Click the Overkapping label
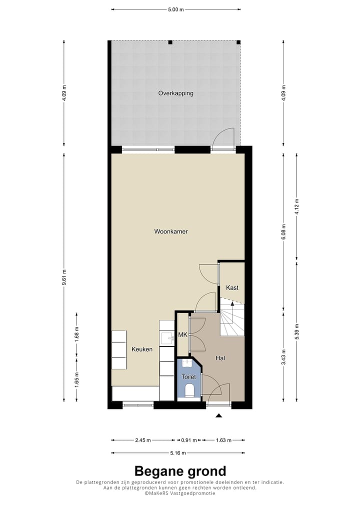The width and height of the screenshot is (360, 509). pyautogui.click(x=175, y=93)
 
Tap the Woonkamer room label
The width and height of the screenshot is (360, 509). pyautogui.click(x=170, y=231)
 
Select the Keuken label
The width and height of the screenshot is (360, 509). pyautogui.click(x=142, y=349)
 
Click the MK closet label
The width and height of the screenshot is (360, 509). pyautogui.click(x=182, y=335)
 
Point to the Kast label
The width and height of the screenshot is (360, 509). pyautogui.click(x=232, y=288)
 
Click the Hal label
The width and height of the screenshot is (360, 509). pyautogui.click(x=220, y=358)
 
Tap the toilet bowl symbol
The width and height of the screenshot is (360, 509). pyautogui.click(x=189, y=390)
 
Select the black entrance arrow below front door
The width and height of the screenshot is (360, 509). pyautogui.click(x=218, y=415)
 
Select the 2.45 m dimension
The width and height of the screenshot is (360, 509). pyautogui.click(x=143, y=440)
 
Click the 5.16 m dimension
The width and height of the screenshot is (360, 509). pyautogui.click(x=178, y=453)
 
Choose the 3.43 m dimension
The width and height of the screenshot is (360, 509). pyautogui.click(x=283, y=356)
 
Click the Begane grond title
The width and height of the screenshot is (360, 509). pyautogui.click(x=180, y=471)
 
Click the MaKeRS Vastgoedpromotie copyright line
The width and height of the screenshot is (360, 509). pyautogui.click(x=180, y=493)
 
